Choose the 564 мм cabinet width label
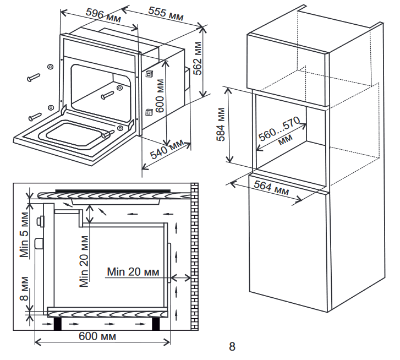(271, 189)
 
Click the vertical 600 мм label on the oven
(160, 97)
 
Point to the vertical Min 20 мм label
(84, 262)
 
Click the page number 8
(232, 347)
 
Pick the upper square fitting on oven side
(149, 74)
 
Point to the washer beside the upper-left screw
(50, 67)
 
